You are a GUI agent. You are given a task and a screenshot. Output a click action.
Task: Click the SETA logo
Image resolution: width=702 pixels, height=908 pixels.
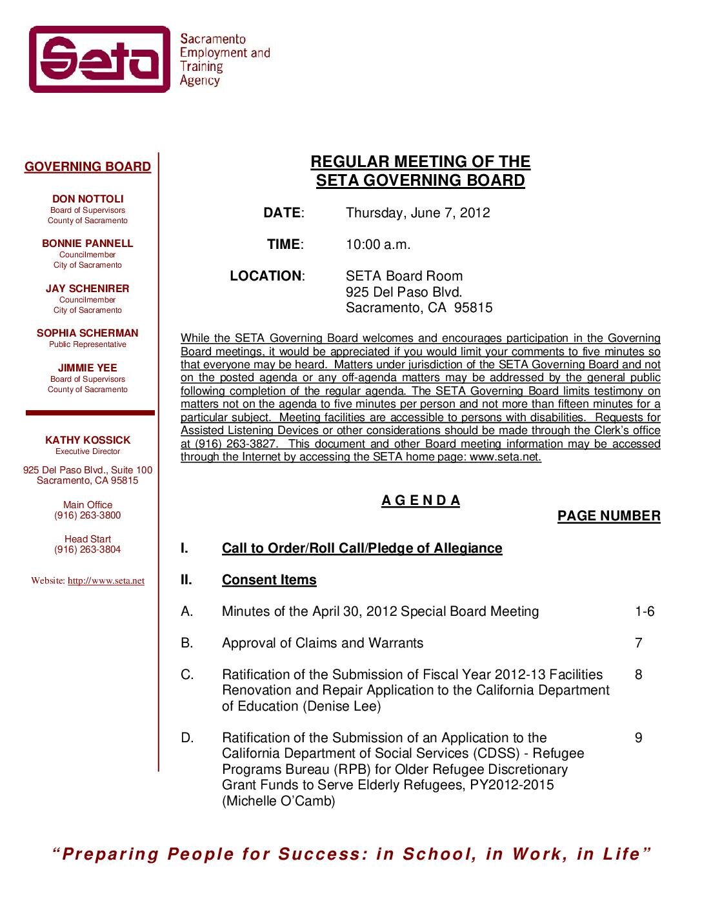[x=99, y=59]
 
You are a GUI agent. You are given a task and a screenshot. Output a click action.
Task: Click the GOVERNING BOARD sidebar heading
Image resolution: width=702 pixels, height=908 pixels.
[x=88, y=167]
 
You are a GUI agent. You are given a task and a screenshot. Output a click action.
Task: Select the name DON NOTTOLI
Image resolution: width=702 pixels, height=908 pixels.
[x=88, y=199]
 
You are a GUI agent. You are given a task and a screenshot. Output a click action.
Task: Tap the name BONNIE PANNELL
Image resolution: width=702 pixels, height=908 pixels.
[x=88, y=244]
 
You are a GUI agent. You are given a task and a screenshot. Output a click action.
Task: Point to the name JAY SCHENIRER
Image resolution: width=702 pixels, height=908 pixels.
[x=88, y=289]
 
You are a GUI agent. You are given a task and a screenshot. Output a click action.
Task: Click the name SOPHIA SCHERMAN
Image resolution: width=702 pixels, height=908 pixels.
[x=88, y=333]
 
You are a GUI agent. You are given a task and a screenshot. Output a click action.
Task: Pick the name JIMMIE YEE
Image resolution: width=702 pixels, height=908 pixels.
[x=88, y=368]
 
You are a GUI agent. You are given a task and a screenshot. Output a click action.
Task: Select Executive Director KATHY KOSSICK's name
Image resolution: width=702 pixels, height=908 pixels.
[x=88, y=440]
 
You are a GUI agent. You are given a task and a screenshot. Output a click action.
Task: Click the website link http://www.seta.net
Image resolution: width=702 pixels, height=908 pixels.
[x=106, y=581]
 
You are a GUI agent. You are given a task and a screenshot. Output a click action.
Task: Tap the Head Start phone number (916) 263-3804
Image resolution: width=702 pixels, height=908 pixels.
[x=88, y=550]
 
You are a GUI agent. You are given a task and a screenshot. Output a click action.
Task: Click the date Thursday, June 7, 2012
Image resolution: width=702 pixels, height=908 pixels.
[x=417, y=213]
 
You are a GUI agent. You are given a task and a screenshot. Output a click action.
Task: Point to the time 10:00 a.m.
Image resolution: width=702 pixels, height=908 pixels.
[x=378, y=245]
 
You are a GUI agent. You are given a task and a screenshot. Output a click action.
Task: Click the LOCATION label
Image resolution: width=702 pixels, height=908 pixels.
[x=266, y=277]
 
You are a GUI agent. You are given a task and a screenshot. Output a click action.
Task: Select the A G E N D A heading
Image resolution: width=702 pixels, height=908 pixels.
[x=421, y=501]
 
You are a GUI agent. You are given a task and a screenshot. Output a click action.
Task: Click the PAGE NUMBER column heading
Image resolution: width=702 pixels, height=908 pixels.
[x=608, y=517]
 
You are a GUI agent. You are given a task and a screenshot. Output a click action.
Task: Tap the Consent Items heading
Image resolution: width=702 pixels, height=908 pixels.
[x=269, y=580]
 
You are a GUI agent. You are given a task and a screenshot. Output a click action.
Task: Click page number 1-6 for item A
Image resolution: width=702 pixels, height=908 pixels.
[x=644, y=612]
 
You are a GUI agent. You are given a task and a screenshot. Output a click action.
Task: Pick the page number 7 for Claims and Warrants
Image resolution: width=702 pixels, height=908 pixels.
[x=638, y=644]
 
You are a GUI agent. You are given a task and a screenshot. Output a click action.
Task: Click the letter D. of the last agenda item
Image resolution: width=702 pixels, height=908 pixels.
[x=187, y=738]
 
